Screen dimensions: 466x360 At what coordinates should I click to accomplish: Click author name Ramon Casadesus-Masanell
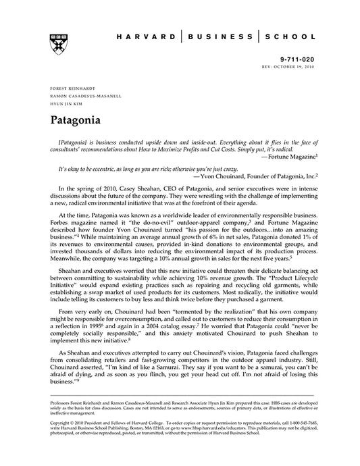point(86,96)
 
